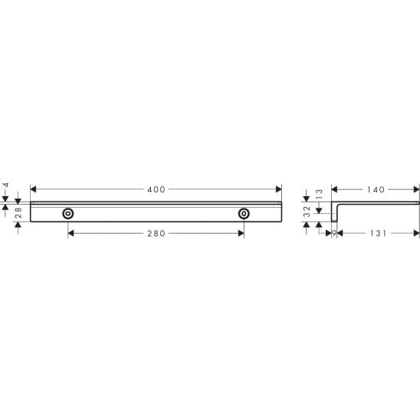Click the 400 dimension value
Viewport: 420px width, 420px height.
(x=156, y=189)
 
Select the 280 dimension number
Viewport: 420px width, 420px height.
(x=156, y=234)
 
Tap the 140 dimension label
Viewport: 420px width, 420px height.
(x=376, y=189)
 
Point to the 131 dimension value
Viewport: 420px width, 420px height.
(x=378, y=233)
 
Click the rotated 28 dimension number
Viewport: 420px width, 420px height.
(x=18, y=212)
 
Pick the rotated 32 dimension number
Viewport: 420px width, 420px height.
(x=307, y=212)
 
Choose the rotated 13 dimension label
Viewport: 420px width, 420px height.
(x=320, y=193)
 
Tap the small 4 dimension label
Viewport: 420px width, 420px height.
(x=6, y=185)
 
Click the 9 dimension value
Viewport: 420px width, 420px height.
(x=334, y=233)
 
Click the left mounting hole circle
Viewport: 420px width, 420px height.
(x=68, y=214)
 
